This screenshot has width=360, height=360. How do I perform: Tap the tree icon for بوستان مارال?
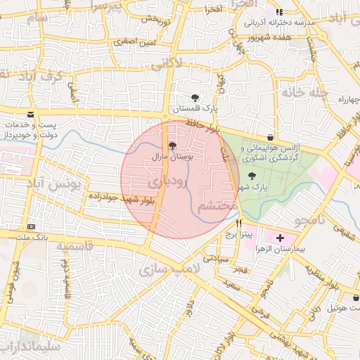174,146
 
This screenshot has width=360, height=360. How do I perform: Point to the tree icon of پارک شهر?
252,176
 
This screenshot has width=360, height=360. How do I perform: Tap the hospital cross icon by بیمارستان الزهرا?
281,238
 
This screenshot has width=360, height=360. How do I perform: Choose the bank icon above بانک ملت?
32,226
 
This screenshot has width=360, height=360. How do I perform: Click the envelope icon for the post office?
30,114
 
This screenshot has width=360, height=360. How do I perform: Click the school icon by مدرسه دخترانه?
279,12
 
